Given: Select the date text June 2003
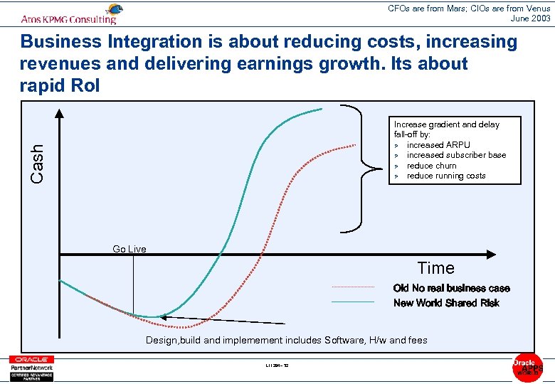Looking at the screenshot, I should pos(531,18).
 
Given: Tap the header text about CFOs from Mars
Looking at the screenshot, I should pos(469,9).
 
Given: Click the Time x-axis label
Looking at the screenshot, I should pos(435,268).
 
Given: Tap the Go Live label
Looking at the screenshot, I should pos(129,249).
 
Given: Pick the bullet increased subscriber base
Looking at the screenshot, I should pos(456,155).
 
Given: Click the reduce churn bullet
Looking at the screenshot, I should pos(431,166).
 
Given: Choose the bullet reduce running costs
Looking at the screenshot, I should pos(446,176).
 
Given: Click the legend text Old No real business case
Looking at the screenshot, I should pos(451,288).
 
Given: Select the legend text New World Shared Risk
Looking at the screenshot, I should pos(446,303).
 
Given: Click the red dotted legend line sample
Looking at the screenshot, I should pos(353,287).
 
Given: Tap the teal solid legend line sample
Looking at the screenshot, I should pos(353,302).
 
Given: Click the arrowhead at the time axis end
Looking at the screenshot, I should pos(490,254).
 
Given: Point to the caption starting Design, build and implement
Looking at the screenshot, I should pos(286,340).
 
